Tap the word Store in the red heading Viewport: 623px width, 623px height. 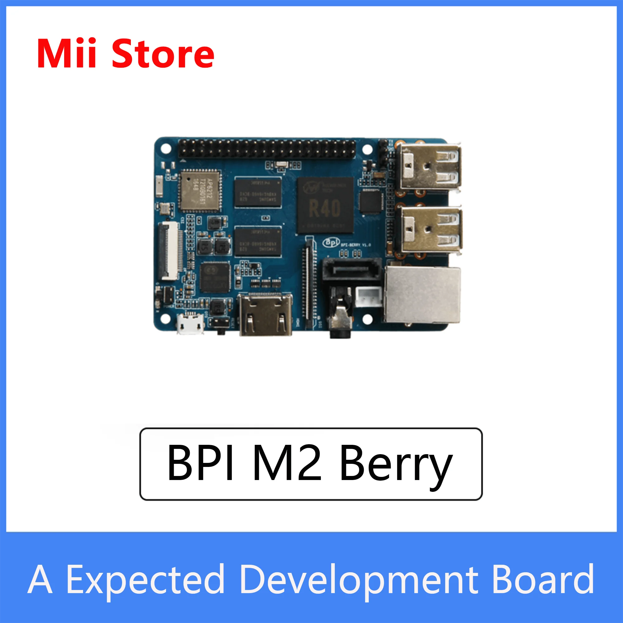(x=163, y=54)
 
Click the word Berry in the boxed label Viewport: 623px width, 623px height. (x=396, y=465)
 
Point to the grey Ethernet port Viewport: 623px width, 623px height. (x=422, y=295)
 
